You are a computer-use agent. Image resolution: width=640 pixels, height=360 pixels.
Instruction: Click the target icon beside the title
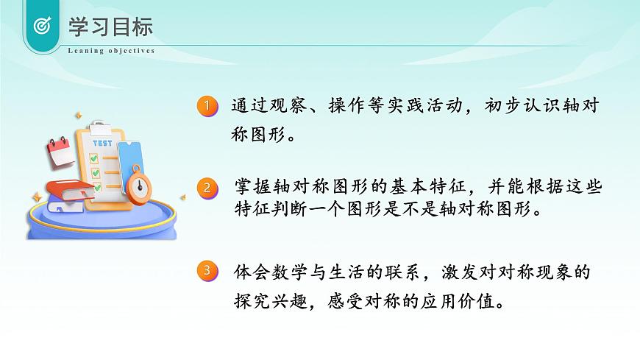43,27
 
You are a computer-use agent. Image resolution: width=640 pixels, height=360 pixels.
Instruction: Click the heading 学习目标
110,27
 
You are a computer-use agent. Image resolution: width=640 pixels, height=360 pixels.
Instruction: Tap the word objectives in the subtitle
132,51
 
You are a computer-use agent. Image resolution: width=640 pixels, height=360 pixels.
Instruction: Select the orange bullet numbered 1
207,106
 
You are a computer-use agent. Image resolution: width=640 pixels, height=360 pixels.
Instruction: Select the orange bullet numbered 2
207,188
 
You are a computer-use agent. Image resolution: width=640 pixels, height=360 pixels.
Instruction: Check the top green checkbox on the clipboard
94,158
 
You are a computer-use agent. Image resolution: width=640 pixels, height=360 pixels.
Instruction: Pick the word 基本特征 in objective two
420,188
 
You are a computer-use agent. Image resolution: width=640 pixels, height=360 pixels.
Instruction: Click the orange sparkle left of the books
35,197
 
